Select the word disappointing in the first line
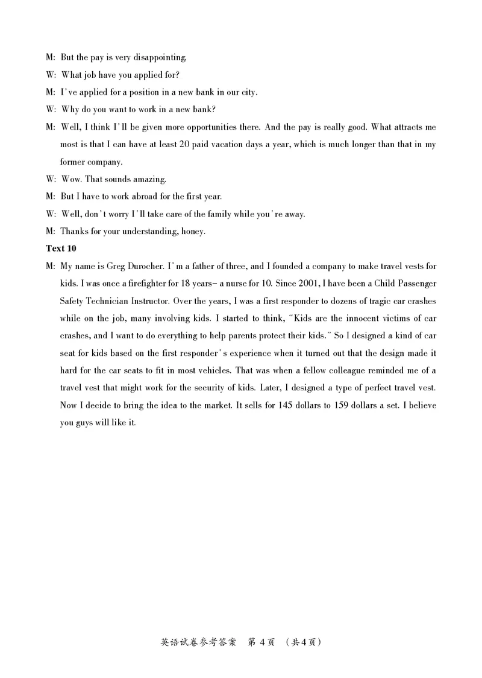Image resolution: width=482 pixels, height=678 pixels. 162,57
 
